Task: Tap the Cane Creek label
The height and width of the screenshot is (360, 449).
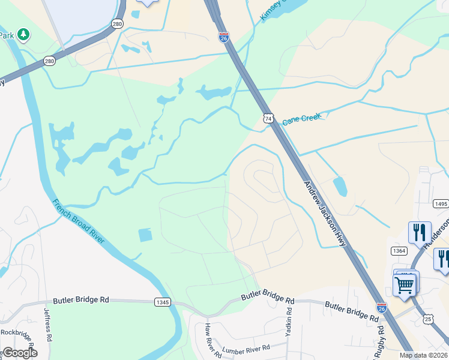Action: [x=302, y=118]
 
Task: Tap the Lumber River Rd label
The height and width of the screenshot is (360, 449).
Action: [x=246, y=348]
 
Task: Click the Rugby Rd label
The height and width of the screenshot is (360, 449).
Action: [x=379, y=340]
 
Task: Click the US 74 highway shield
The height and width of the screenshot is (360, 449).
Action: [x=269, y=118]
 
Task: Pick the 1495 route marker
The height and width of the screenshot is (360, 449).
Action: [x=441, y=204]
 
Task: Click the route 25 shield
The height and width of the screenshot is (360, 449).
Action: [x=428, y=320]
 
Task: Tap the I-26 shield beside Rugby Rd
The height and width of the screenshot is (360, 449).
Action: [x=381, y=308]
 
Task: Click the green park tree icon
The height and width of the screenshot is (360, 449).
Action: [x=23, y=35]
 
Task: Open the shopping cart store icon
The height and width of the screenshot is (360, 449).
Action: [x=405, y=284]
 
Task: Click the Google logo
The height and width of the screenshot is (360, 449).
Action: [x=19, y=353]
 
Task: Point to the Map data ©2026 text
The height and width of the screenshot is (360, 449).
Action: [x=424, y=355]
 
